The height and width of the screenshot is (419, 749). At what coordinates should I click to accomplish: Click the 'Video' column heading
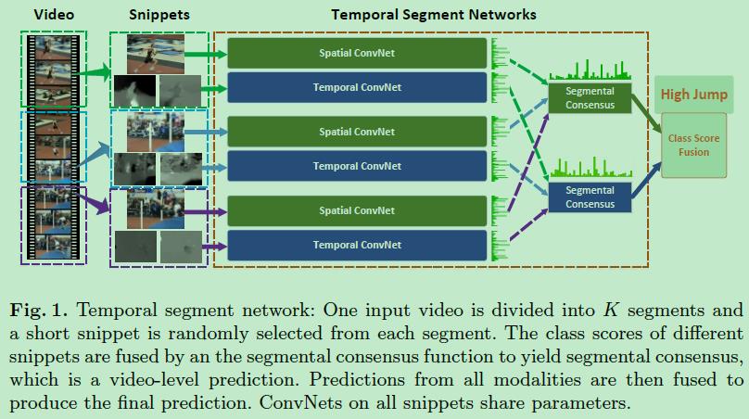tap(54, 15)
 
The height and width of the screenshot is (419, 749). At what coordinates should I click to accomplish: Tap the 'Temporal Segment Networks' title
tap(433, 15)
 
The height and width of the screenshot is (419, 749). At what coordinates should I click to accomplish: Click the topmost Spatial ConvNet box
tap(357, 53)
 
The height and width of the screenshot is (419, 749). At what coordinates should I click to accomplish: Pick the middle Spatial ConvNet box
tap(357, 132)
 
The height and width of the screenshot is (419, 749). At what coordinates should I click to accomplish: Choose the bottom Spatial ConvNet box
tap(357, 210)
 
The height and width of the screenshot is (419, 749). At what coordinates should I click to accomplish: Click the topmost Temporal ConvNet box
tap(357, 87)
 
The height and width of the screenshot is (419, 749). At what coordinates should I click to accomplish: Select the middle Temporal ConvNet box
tap(357, 166)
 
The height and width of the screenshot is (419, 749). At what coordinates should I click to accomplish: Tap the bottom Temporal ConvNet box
tap(357, 245)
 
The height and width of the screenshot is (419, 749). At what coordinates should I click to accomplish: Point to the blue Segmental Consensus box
tap(590, 197)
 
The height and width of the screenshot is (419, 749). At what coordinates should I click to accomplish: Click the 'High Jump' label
tap(693, 94)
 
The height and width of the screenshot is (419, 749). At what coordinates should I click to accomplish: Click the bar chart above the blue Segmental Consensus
tap(590, 167)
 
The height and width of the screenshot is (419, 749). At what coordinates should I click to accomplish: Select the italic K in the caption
tap(610, 310)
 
